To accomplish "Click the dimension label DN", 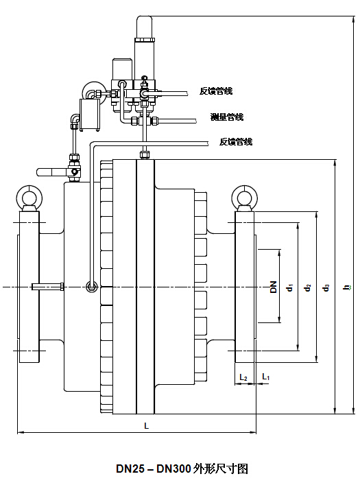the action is tap(274, 287).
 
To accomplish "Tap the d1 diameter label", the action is tap(290, 287).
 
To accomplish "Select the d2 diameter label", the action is tap(307, 287).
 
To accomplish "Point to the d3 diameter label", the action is tap(326, 287).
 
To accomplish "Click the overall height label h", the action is tap(347, 287).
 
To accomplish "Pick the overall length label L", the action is tap(147, 425).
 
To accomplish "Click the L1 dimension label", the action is tap(265, 377).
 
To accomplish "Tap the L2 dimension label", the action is tap(243, 377).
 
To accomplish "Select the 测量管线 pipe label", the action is tap(227, 117).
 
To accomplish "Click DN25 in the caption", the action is tap(130, 469).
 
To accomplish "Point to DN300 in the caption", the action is tap(173, 469).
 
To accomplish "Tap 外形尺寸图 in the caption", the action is tap(221, 469).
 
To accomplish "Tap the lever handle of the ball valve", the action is tap(51, 171).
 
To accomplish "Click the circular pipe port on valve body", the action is tap(92, 287).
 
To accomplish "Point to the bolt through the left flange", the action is tap(48, 287).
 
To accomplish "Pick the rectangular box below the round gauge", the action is tap(90, 114).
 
